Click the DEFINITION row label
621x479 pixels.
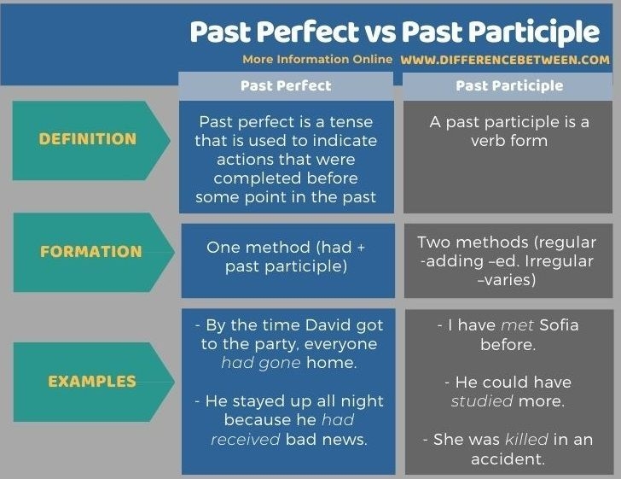pos(88,139)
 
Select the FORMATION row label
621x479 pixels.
pos(91,252)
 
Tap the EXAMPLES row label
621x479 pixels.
pos(92,382)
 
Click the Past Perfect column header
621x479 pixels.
pos(286,85)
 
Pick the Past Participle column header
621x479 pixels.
pos(509,85)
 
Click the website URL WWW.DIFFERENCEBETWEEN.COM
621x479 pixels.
pos(505,60)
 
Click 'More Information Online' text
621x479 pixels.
pos(316,60)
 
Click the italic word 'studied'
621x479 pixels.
pos(482,400)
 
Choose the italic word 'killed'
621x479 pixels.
pos(527,439)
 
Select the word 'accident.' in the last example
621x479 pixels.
pos(508,459)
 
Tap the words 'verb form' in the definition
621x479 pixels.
pos(508,140)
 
